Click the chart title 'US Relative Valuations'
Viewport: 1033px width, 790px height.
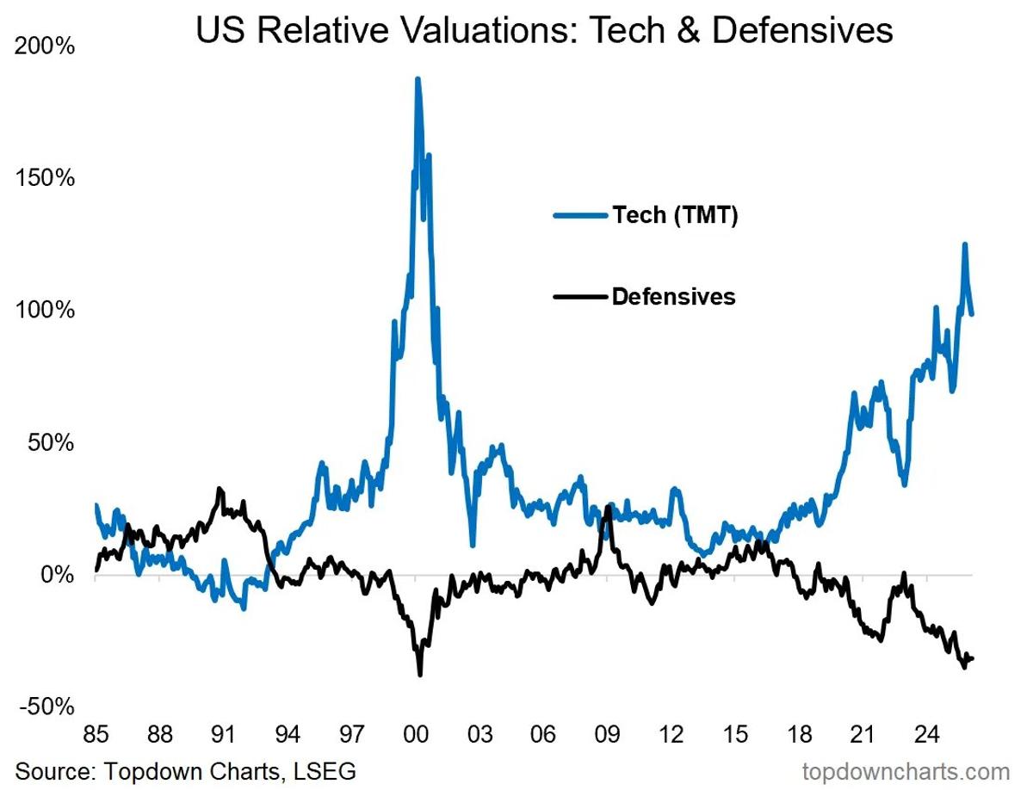(544, 31)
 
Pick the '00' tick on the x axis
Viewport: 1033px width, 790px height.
(416, 736)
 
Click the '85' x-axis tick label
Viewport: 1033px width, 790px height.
(96, 736)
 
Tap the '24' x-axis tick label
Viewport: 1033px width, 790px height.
(926, 736)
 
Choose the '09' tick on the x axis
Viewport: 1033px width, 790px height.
(608, 736)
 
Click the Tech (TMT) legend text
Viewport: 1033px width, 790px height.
(675, 215)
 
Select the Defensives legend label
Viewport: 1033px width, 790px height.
(673, 297)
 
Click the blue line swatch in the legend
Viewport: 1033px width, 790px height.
(581, 215)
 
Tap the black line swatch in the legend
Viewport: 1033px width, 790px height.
(581, 297)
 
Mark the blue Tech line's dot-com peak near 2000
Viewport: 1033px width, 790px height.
(418, 79)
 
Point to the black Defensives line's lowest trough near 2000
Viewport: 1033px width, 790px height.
(420, 674)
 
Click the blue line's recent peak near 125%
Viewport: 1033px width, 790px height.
(965, 244)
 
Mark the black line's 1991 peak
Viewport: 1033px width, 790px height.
(220, 489)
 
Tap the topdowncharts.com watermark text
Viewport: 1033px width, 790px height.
(906, 769)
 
